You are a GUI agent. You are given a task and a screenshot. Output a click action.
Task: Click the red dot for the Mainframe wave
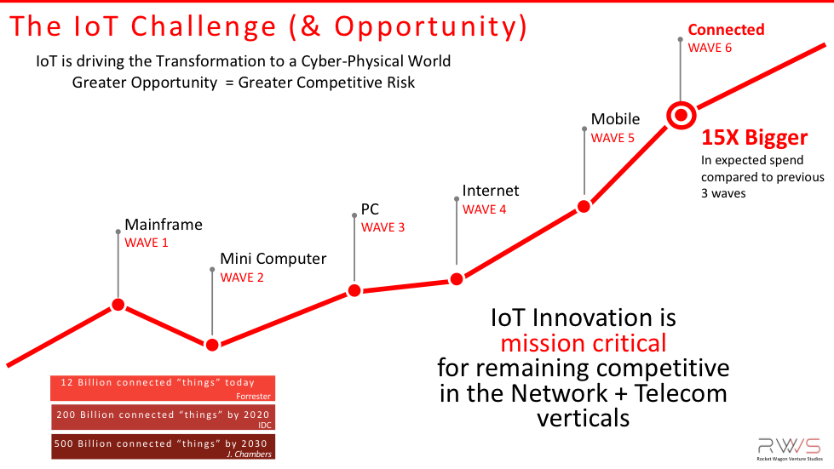point(118,305)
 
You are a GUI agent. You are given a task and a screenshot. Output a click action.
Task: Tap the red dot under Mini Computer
point(212,345)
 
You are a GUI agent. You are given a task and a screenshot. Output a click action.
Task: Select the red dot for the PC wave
point(354,290)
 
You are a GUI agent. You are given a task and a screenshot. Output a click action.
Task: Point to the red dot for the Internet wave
point(457,279)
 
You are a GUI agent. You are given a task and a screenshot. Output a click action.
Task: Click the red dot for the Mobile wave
point(584,207)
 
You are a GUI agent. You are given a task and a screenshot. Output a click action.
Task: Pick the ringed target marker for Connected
point(681,115)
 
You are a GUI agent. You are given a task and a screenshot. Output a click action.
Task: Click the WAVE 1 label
point(147,243)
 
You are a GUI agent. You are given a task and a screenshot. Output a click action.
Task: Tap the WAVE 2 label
point(242,277)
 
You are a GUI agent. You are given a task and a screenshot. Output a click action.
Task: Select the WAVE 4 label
point(484,209)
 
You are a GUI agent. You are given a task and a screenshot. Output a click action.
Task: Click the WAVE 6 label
point(710,48)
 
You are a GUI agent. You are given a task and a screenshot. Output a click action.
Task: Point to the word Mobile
point(615,119)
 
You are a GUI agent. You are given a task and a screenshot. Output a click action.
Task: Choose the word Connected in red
point(726,30)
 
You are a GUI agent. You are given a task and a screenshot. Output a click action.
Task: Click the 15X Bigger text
point(754,138)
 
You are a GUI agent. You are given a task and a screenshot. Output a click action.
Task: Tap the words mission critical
point(584,344)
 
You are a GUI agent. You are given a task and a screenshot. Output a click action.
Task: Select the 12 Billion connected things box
point(163,388)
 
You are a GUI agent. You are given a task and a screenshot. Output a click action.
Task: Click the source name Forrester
point(253,397)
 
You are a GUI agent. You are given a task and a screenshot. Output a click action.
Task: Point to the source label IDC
point(265,426)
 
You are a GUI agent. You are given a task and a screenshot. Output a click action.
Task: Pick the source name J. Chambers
point(249,455)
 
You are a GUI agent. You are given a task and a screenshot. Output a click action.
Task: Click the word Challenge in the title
point(204,26)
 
